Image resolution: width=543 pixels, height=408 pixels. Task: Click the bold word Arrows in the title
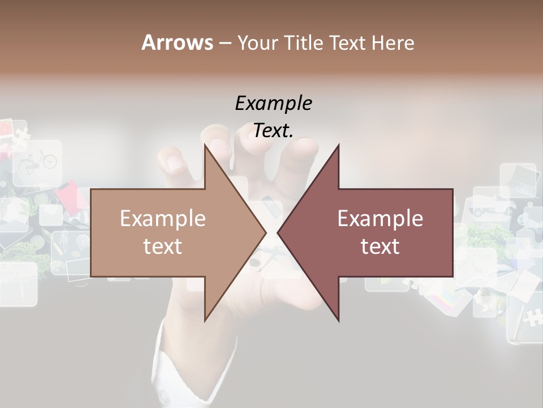(177, 42)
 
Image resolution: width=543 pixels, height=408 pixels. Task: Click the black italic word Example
(273, 104)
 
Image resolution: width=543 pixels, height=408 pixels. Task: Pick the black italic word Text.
(273, 131)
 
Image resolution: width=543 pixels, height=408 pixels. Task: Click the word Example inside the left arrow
(162, 218)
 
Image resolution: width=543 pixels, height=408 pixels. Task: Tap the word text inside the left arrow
(162, 246)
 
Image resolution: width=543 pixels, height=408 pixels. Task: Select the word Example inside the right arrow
(380, 218)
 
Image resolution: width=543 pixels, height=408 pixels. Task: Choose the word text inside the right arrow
(380, 246)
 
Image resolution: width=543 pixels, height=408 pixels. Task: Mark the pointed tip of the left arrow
(265, 232)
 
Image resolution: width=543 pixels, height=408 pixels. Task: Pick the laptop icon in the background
(517, 179)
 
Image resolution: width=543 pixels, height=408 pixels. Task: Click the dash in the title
(225, 43)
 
